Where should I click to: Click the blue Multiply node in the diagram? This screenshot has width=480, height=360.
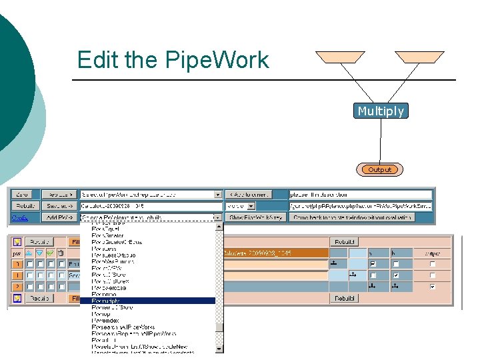click(380, 111)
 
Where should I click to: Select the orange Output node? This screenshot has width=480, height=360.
click(379, 169)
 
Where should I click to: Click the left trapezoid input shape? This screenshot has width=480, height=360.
click(340, 57)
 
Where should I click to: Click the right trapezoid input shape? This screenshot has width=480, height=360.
click(421, 57)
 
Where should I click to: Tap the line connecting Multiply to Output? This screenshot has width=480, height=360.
click(380, 141)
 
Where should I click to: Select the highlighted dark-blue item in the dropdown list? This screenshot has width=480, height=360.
click(152, 301)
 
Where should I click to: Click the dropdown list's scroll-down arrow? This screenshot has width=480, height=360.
click(219, 347)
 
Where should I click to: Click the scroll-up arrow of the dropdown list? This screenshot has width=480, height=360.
click(219, 226)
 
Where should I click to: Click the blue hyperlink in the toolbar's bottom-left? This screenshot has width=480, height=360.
click(19, 217)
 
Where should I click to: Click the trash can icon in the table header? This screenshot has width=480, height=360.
click(61, 253)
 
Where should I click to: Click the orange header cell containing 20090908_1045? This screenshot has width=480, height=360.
click(275, 253)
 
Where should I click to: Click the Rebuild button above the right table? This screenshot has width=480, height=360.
click(344, 241)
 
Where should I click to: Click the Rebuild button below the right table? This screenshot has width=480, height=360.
click(344, 298)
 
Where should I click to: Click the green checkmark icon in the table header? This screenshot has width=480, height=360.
click(49, 253)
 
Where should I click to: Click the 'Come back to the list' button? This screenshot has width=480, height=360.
click(352, 217)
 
